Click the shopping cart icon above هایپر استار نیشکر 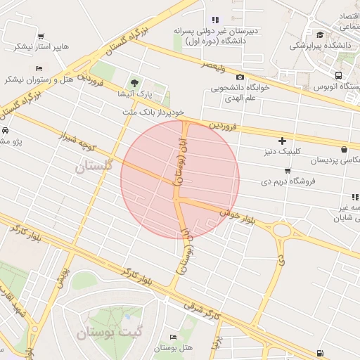[x=41, y=37]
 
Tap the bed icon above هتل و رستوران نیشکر [x=38, y=67]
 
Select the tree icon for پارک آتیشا [x=134, y=82]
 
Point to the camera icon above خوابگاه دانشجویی [x=240, y=77]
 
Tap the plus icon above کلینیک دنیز [x=283, y=141]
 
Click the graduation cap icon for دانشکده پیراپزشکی [x=320, y=34]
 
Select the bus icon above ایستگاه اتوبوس [x=340, y=76]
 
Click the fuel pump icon [x=321, y=352]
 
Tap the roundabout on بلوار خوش [x=282, y=230]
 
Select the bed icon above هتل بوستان [x=172, y=338]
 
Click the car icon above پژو [x=5, y=131]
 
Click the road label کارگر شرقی [x=202, y=312]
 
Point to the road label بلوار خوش [x=236, y=212]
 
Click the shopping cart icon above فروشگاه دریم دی [x=287, y=170]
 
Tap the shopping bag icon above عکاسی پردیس [x=344, y=149]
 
